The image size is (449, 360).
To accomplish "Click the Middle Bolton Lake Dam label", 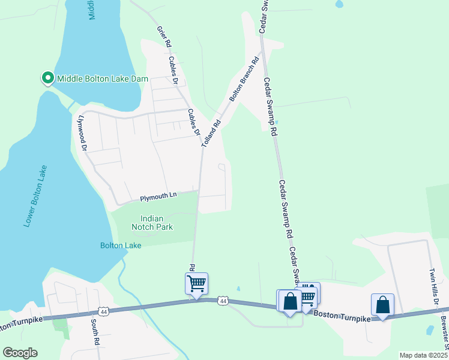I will tap(98, 78).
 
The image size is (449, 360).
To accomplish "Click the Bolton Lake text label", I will tap(121, 245).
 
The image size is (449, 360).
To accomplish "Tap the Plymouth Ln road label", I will tap(158, 196).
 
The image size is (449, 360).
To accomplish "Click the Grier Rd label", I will tap(163, 37).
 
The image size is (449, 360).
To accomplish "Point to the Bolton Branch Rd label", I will tap(243, 79).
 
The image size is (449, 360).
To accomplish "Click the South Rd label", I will tap(95, 331).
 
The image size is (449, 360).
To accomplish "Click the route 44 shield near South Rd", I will tap(104, 311).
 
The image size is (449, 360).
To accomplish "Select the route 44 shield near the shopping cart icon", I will tap(223, 300).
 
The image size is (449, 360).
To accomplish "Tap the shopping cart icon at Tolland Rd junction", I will tap(196, 283).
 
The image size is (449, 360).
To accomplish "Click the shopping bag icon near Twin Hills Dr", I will tap(382, 304).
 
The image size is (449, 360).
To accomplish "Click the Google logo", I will tap(20, 353).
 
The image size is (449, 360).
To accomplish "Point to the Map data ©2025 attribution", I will tap(423, 355).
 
